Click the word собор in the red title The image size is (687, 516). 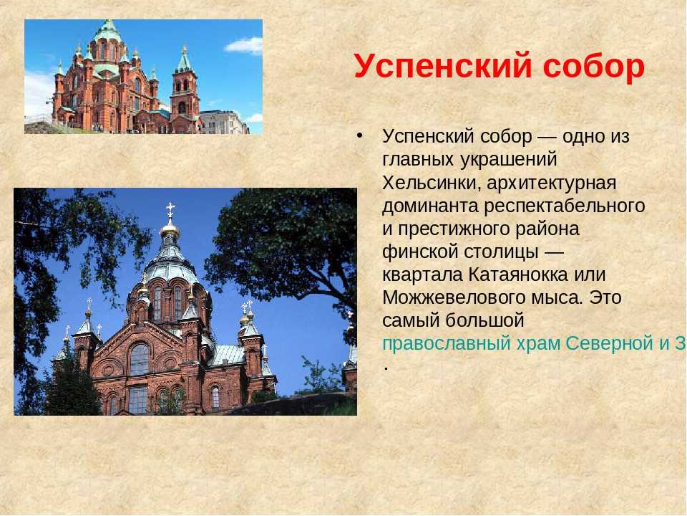click(594, 67)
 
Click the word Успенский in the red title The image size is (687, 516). click(443, 66)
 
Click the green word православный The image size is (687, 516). click(447, 344)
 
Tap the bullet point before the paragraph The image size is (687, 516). click(360, 136)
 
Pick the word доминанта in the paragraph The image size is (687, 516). click(430, 206)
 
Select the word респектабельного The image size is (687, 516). click(565, 206)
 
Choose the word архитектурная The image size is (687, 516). click(551, 183)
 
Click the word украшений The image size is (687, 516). click(509, 160)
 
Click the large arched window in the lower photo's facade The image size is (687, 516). click(140, 359)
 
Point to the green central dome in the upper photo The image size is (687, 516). click(107, 32)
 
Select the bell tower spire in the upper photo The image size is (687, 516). click(184, 59)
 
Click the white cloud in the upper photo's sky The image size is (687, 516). click(245, 44)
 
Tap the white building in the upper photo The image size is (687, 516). click(224, 122)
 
